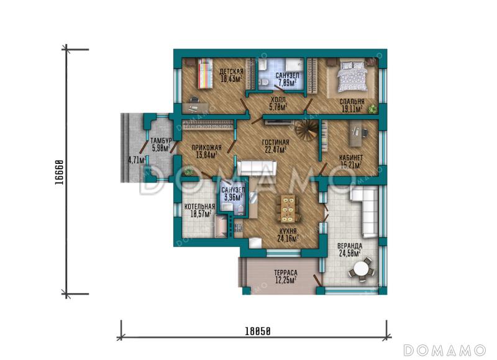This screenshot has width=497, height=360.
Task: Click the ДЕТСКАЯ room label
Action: point(231,71)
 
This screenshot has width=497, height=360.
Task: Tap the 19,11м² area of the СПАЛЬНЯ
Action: point(352,109)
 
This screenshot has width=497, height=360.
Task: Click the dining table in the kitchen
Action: point(288,208)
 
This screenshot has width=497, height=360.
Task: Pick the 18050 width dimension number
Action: point(258,331)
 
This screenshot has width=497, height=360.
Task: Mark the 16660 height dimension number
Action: point(59,173)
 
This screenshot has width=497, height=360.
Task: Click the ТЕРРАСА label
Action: point(286,272)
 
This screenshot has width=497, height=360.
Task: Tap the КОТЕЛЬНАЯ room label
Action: point(199,207)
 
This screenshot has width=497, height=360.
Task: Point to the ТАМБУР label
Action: point(161,140)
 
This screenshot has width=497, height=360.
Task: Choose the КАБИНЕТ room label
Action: point(351,158)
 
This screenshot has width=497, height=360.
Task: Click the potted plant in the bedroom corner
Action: point(373,109)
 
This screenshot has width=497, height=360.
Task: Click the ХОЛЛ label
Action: point(278,100)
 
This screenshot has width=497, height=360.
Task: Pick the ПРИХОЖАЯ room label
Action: point(207,148)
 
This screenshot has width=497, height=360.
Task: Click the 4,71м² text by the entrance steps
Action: point(137,160)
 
